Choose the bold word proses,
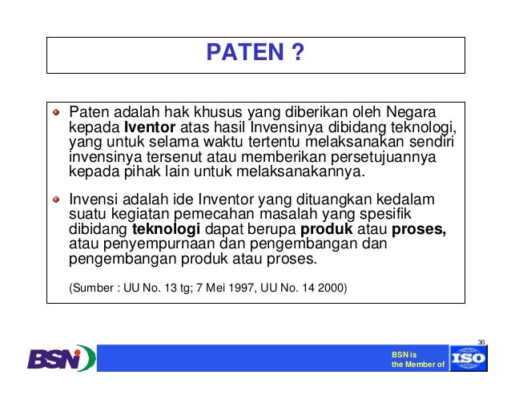pyautogui.click(x=419, y=229)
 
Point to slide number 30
pyautogui.click(x=481, y=342)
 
